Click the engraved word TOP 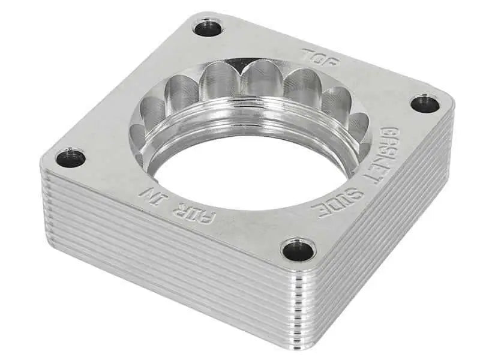click(x=320, y=56)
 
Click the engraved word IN click(x=150, y=193)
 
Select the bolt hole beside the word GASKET click(x=425, y=103)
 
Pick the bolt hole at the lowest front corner click(x=298, y=249)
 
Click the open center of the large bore click(x=240, y=174)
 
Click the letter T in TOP click(x=310, y=53)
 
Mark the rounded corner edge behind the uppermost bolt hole click(x=204, y=13)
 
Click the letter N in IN click(x=145, y=191)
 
